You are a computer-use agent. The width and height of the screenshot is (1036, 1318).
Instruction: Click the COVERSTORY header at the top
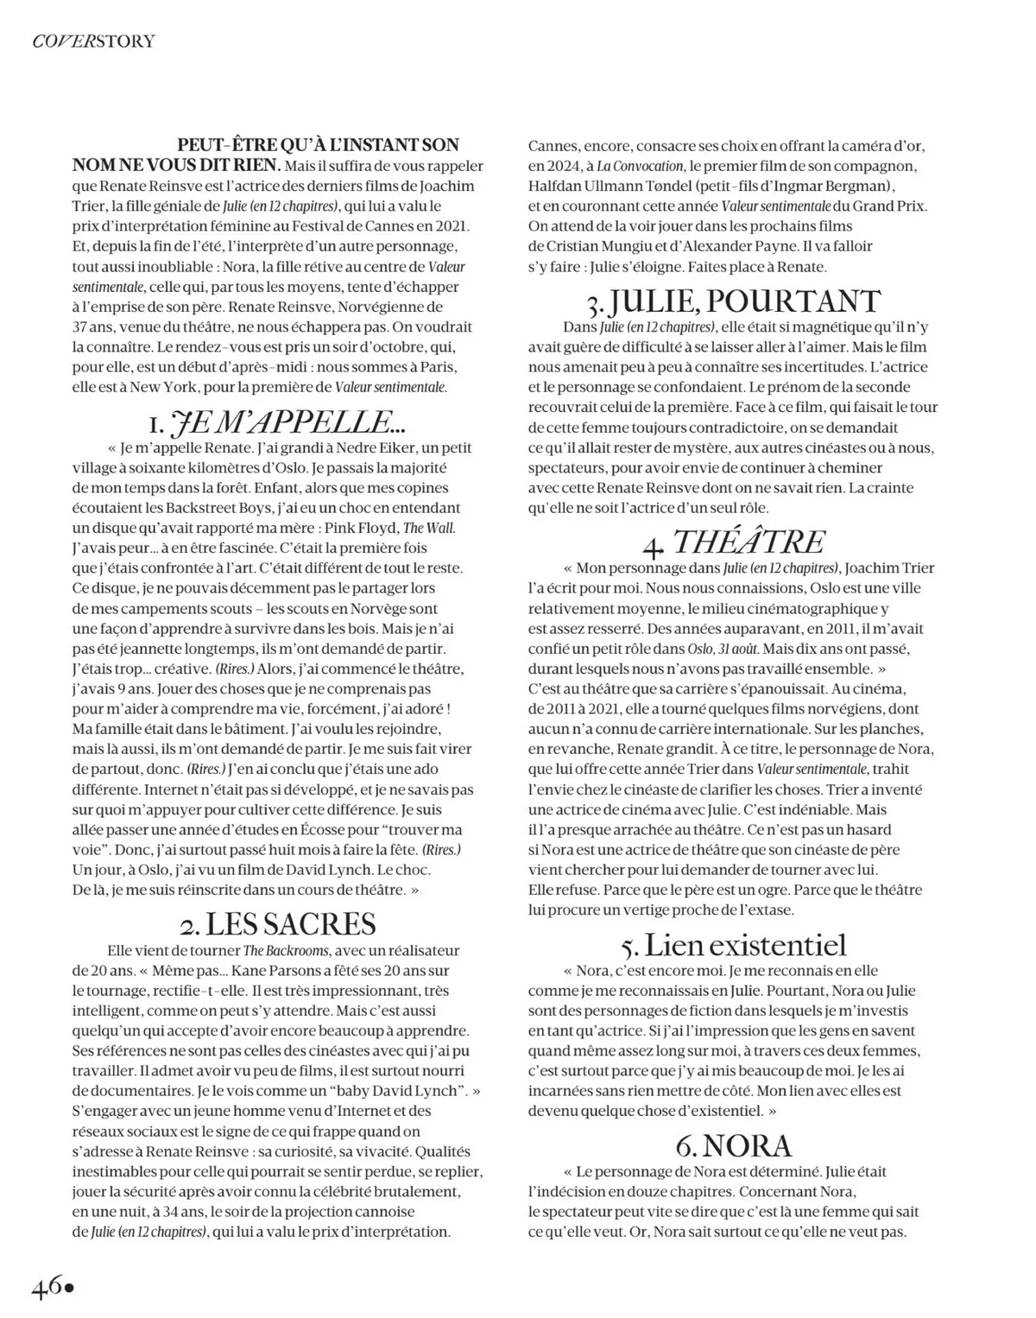(x=93, y=41)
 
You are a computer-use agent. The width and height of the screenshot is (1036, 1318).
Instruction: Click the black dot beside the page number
(x=71, y=1288)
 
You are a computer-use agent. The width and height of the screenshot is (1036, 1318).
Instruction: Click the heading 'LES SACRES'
(x=278, y=924)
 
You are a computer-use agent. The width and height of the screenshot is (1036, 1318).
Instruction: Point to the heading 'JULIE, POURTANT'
(x=733, y=301)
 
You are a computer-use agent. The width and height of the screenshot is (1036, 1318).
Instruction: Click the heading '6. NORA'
(x=733, y=1145)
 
